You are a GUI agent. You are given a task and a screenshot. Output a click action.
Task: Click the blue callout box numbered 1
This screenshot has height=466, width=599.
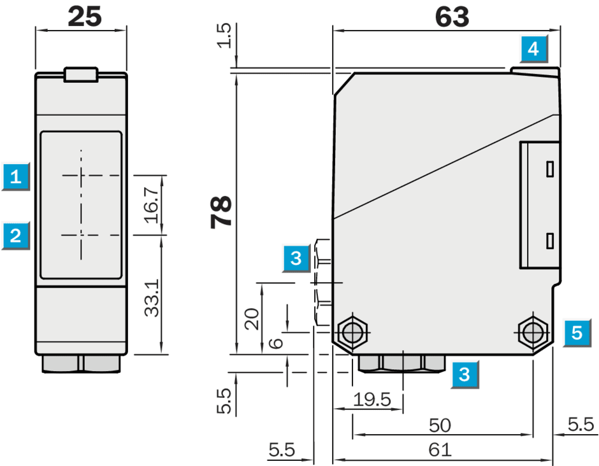pyautogui.click(x=16, y=176)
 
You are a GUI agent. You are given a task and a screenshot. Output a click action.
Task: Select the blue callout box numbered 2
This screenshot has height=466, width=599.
pyautogui.click(x=16, y=236)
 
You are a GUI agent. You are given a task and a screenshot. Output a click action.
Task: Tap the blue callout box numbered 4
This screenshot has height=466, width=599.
pyautogui.click(x=533, y=49)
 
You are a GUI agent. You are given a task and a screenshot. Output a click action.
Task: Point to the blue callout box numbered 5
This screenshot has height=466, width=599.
pyautogui.click(x=577, y=333)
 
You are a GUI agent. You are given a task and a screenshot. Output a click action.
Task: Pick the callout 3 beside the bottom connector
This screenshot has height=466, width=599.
pyautogui.click(x=465, y=374)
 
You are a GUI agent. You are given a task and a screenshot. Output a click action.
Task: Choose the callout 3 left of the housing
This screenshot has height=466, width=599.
pyautogui.click(x=296, y=258)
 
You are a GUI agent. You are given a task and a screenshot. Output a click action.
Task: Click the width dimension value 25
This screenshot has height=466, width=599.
pyautogui.click(x=85, y=17)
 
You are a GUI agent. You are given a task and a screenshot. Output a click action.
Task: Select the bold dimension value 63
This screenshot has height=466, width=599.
pyautogui.click(x=452, y=17)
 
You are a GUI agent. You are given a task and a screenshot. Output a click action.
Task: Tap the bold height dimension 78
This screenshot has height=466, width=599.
pyautogui.click(x=221, y=212)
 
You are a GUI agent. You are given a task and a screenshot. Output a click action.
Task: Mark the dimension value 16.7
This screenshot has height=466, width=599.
pyautogui.click(x=152, y=205)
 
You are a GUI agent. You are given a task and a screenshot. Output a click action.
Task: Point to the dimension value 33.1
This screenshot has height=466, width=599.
pyautogui.click(x=152, y=298)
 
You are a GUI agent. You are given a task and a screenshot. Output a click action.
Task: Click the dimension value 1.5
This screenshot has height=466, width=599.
pyautogui.click(x=224, y=36)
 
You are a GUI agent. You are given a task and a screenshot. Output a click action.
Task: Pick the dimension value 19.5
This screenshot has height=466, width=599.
pyautogui.click(x=372, y=400)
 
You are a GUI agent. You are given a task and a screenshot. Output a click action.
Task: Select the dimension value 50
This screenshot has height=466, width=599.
pyautogui.click(x=440, y=425)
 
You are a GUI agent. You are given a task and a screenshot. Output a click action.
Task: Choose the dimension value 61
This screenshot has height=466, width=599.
pyautogui.click(x=440, y=450)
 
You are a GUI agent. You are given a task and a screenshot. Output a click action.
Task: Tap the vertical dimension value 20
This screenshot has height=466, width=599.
pyautogui.click(x=252, y=319)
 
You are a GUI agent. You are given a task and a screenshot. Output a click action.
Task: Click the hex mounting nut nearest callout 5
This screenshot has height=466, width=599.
pyautogui.click(x=533, y=333)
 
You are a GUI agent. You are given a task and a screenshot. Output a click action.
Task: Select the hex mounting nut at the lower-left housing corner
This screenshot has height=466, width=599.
pyautogui.click(x=352, y=333)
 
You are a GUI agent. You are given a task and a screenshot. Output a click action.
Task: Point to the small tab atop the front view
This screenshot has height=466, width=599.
pyautogui.click(x=81, y=74)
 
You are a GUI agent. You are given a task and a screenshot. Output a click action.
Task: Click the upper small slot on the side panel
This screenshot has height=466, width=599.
pyautogui.click(x=550, y=169)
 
